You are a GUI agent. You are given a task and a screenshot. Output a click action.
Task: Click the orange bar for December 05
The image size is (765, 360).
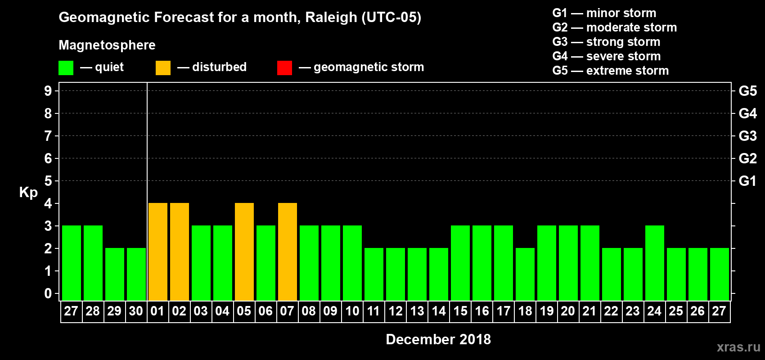point(244,252)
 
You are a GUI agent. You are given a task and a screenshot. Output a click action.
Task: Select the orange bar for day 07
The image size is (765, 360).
point(288,252)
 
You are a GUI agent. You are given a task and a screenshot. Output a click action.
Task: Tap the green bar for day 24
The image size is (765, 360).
point(655,263)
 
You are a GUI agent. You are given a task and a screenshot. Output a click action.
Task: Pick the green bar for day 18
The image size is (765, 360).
point(525,274)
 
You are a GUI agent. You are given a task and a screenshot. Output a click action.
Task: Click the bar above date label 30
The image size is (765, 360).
point(136,274)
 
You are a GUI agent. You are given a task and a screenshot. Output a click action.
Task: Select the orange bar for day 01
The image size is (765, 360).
point(158,252)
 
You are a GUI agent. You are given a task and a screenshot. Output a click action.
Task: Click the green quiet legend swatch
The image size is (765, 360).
point(66,68)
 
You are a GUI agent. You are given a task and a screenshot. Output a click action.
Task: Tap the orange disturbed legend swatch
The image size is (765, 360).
point(163,68)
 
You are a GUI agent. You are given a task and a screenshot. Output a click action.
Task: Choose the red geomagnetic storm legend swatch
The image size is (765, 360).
point(284,68)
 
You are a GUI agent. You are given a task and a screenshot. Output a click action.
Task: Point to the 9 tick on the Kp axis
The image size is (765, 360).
point(48,91)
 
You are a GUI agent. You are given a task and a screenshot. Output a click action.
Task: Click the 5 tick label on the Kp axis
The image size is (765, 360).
point(48,181)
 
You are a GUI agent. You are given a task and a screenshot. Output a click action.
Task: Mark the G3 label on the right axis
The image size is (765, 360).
point(747,136)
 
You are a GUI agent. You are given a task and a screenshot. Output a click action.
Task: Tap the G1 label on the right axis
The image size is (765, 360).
point(747,181)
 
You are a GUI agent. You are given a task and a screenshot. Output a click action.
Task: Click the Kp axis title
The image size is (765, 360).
point(28,193)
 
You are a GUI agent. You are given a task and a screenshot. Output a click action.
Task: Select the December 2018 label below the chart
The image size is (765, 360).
point(438,339)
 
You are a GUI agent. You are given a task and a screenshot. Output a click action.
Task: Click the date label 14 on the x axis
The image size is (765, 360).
point(439,311)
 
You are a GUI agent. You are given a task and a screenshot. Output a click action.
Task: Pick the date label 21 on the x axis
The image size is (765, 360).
point(589,311)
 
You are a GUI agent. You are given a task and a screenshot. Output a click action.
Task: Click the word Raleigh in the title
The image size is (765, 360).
point(331,18)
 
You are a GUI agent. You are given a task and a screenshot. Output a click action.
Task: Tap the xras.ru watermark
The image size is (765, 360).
point(738,347)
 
